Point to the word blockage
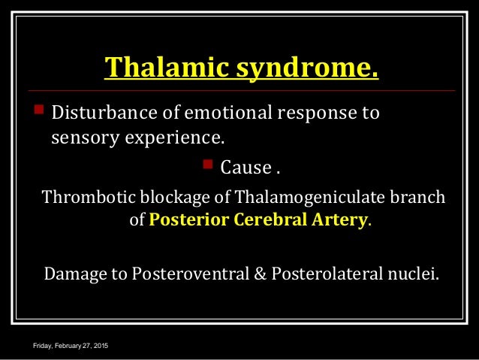(173, 198)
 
